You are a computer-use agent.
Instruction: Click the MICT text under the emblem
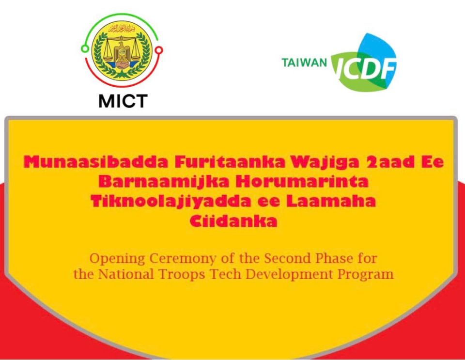(x=123, y=101)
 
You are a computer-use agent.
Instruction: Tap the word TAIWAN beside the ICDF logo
(x=304, y=63)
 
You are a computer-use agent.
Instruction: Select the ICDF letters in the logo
(x=365, y=68)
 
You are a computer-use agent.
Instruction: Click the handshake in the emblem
(x=122, y=64)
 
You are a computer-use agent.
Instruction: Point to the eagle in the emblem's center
(x=122, y=52)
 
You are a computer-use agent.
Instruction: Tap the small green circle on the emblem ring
(x=85, y=48)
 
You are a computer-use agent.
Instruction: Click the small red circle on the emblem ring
(x=159, y=50)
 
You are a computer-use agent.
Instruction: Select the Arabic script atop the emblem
(x=122, y=29)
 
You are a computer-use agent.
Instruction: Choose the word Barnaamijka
(x=164, y=182)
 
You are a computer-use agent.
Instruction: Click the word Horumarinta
(x=302, y=182)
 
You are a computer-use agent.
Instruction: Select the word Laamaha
(x=331, y=202)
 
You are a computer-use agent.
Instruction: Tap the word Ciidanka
(x=233, y=221)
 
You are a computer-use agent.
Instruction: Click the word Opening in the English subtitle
(x=117, y=259)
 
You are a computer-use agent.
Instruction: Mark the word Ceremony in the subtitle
(x=183, y=259)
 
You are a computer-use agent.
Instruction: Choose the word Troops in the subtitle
(x=182, y=275)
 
